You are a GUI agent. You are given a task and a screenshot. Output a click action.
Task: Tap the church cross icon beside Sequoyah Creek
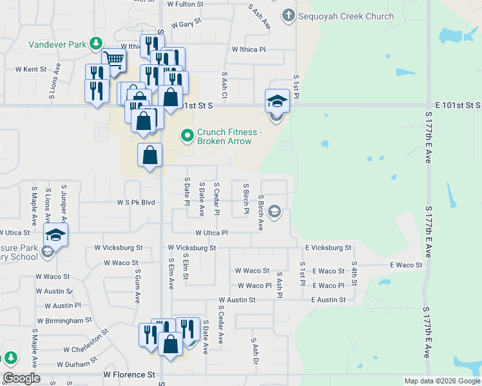click(x=288, y=15)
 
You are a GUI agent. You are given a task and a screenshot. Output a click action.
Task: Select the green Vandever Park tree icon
click(x=96, y=44)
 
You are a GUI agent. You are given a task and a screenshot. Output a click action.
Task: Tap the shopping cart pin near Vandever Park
click(x=113, y=60)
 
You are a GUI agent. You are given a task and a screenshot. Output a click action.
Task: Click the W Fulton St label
click(x=185, y=4)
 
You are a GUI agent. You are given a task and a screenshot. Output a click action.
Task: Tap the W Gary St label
click(x=184, y=21)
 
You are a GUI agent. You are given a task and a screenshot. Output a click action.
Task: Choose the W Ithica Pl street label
click(x=248, y=49)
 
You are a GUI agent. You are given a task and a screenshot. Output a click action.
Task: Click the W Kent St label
click(x=31, y=69)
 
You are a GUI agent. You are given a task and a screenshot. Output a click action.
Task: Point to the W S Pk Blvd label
click(x=136, y=202)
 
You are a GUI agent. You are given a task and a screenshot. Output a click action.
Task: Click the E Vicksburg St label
click(x=329, y=247)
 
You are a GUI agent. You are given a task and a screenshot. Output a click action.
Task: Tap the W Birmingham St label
click(x=64, y=320)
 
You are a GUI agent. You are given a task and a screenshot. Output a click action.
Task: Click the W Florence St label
click(x=130, y=374)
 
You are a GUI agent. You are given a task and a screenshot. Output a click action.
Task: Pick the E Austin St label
click(x=328, y=300)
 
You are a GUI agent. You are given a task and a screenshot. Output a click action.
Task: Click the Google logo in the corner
click(x=21, y=378)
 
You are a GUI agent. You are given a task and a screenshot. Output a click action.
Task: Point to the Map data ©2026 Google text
click(x=442, y=381)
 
